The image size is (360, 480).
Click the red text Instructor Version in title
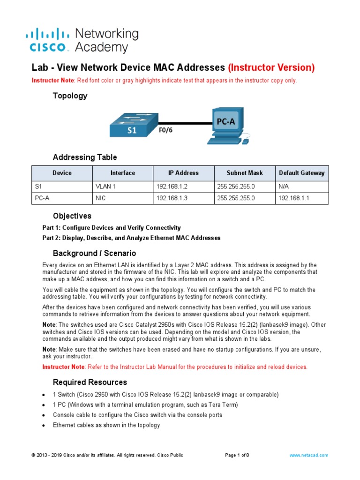pyautogui.click(x=271, y=67)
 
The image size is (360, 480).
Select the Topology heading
pyautogui.click(x=70, y=96)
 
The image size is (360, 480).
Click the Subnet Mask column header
pyautogui.click(x=244, y=173)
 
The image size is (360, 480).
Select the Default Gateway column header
pyautogui.click(x=301, y=173)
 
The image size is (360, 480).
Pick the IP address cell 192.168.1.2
pyautogui.click(x=172, y=186)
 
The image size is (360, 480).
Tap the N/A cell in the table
pyautogui.click(x=284, y=186)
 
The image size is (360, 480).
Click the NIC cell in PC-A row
pyautogui.click(x=100, y=198)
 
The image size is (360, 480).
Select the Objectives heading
pyautogui.click(x=72, y=216)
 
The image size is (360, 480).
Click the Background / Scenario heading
pyautogui.click(x=94, y=253)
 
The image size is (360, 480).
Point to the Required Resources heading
pyautogui.click(x=90, y=382)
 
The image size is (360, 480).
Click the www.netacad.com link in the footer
pyautogui.click(x=308, y=455)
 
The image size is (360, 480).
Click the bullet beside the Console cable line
pyautogui.click(x=43, y=415)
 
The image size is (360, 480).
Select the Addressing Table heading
pyautogui.click(x=85, y=157)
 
